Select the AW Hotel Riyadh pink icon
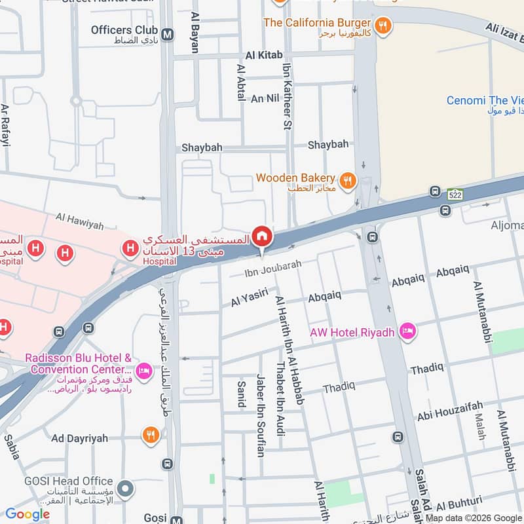tap(408, 333)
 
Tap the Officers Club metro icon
tap(168, 34)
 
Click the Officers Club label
tap(124, 30)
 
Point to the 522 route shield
tap(456, 195)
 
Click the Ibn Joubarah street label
tap(272, 265)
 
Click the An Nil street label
tap(265, 98)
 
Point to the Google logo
tap(28, 514)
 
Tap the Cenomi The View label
tap(485, 100)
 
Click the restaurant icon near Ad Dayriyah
tap(151, 434)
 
